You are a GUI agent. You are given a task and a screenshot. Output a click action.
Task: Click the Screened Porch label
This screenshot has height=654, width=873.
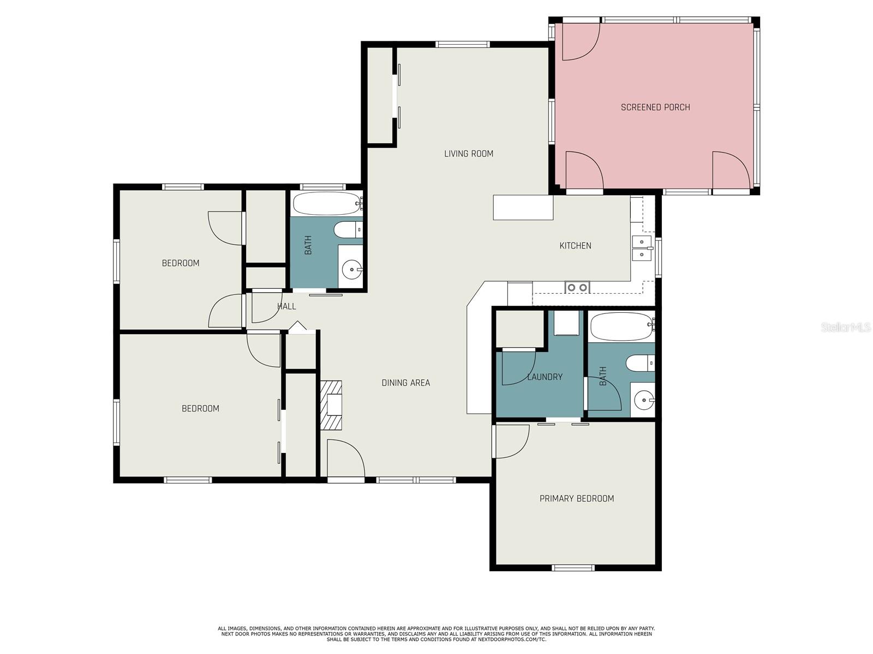655,107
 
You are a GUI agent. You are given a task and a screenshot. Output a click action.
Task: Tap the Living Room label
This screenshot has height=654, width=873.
469,154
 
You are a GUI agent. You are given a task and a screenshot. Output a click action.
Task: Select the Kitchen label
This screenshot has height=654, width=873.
575,246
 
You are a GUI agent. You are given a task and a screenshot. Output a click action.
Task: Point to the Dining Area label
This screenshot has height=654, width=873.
406,383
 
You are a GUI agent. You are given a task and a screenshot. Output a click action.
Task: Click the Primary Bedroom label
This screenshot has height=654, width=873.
577,498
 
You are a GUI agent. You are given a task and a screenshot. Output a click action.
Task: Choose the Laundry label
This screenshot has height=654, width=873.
545,377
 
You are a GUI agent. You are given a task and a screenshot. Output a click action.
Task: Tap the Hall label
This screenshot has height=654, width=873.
286,306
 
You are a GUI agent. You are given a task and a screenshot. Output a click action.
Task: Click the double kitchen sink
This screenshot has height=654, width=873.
642,248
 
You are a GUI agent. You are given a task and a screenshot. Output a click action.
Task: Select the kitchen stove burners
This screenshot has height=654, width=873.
577,287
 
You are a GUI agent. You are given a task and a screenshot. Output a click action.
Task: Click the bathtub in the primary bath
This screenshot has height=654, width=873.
622,326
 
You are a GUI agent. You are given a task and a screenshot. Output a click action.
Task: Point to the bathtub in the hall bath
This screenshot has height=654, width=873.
327,204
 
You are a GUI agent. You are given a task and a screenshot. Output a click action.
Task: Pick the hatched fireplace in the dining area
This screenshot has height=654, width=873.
331,405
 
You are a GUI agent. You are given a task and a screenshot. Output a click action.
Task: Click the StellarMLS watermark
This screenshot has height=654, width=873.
846,327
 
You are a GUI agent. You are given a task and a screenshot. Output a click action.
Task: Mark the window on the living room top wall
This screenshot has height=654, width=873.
462,45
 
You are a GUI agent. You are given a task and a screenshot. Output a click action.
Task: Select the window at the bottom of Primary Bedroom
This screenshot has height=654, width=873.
573,568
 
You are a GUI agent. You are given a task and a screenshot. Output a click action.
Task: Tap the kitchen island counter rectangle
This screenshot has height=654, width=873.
523,207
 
